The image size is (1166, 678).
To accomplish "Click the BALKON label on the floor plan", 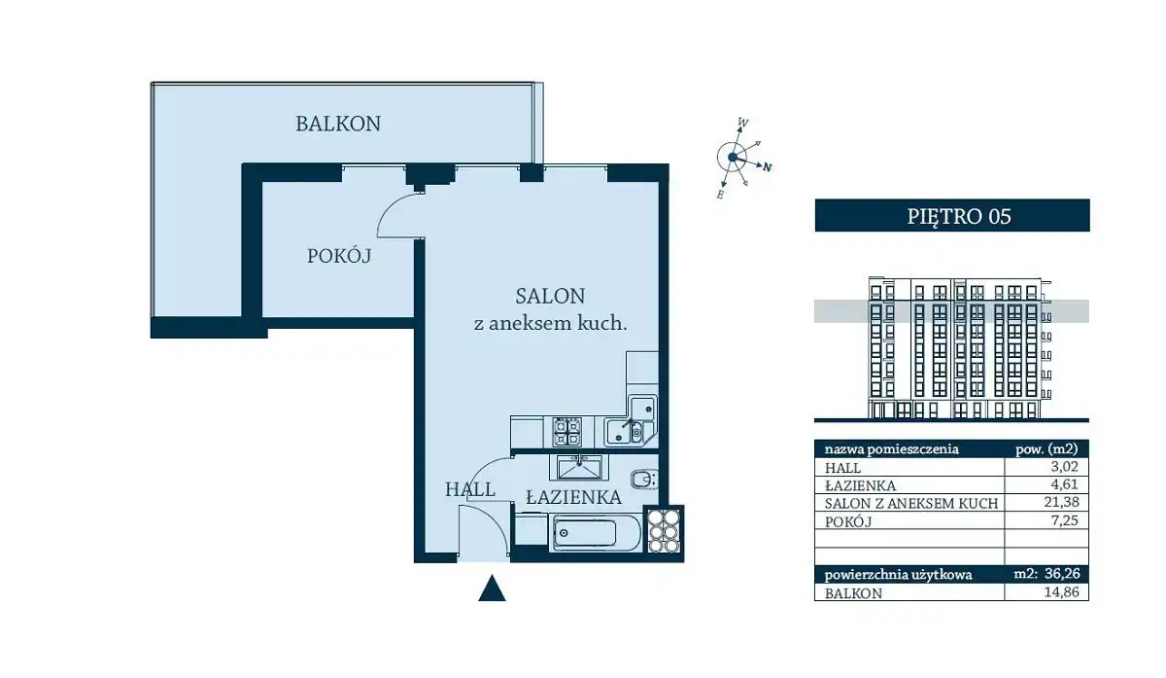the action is point(338,125).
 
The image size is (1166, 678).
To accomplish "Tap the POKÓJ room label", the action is point(339,256).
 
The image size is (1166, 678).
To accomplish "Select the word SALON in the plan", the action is point(550,297).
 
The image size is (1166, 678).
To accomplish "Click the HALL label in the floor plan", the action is point(470,489).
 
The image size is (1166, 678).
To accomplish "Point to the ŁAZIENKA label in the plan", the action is point(573,497).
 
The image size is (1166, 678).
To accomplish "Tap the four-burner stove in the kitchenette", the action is point(567,432).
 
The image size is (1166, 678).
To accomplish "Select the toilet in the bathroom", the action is point(645,480).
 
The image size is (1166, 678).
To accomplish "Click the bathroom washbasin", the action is point(579,467).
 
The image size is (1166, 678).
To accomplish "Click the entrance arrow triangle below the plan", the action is point(492,589).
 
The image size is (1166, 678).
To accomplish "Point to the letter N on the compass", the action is point(768,167).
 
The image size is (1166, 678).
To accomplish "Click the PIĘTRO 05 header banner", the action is point(952,215).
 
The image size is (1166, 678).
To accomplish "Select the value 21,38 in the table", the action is point(1061,502).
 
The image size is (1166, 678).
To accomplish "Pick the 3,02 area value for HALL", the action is point(1065,466).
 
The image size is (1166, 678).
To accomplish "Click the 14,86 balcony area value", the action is point(1061,592).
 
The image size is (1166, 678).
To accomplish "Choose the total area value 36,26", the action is point(1061,574).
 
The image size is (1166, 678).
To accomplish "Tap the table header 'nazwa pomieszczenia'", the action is point(892,448).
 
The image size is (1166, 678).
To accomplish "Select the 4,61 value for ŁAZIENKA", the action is point(1065,484).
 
